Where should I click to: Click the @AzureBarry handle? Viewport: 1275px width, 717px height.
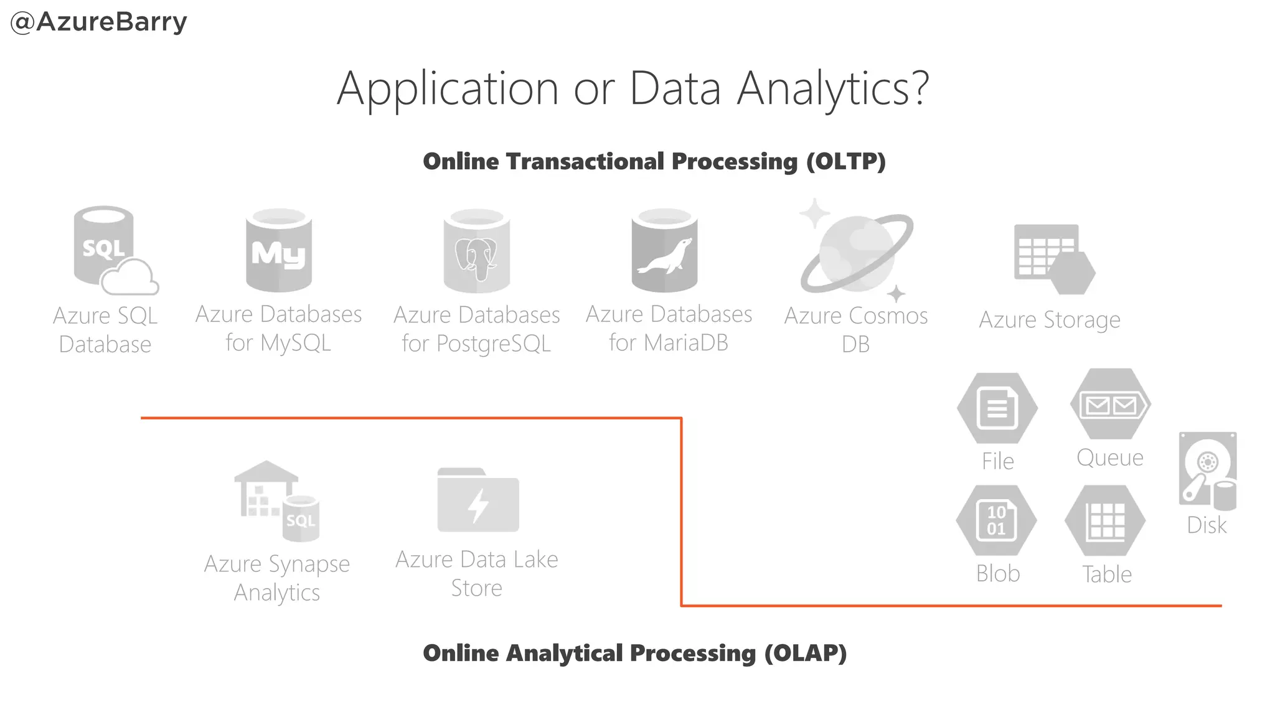[x=99, y=22]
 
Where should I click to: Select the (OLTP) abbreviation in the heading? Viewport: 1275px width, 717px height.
[x=845, y=162]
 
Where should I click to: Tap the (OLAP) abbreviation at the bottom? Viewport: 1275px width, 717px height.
[x=806, y=654]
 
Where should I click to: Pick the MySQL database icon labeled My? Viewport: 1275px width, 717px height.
[x=278, y=251]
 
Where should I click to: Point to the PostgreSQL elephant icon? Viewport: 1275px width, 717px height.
[x=476, y=251]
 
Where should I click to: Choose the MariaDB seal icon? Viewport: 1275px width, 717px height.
[x=664, y=251]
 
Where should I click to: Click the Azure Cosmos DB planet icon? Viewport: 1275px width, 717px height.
[x=856, y=251]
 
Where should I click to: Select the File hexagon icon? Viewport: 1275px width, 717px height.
[x=997, y=408]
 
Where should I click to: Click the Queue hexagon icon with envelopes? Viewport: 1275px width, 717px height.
[x=1111, y=405]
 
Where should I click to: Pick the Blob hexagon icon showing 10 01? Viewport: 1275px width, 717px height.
[x=997, y=520]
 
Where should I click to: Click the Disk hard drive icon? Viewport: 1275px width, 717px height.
[x=1207, y=471]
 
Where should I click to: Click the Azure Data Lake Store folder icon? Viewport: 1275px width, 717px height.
[x=478, y=500]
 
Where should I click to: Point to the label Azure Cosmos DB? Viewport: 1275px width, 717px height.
[x=855, y=329]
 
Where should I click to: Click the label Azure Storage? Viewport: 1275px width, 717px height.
[x=1050, y=320]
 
